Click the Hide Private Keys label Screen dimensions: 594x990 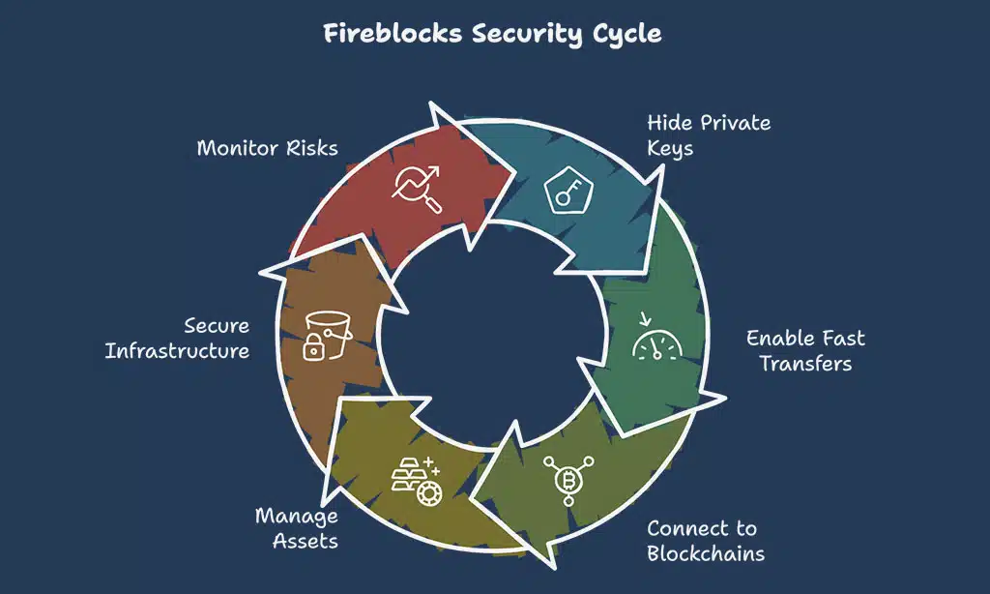pyautogui.click(x=708, y=136)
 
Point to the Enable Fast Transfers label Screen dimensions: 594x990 pyautogui.click(x=805, y=350)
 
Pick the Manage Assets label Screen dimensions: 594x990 pyautogui.click(x=297, y=528)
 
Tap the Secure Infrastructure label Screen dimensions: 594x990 pyautogui.click(x=178, y=338)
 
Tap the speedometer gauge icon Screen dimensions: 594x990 pyautogui.click(x=657, y=340)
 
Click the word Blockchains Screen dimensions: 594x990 pyautogui.click(x=706, y=553)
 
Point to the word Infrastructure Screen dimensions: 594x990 pyautogui.click(x=178, y=350)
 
